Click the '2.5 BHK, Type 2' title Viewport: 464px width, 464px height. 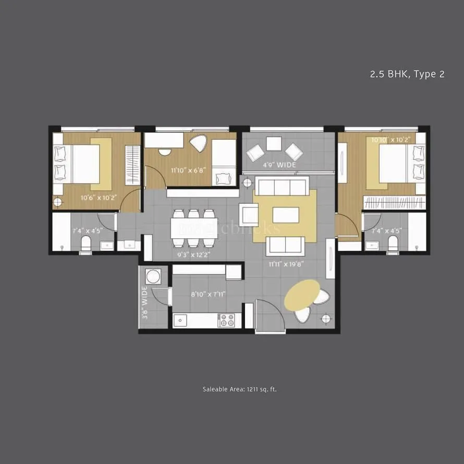(x=407, y=74)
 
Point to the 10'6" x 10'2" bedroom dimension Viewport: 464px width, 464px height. (x=99, y=198)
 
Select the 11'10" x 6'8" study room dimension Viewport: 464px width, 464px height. (x=189, y=169)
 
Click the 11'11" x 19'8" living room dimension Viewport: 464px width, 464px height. (x=286, y=264)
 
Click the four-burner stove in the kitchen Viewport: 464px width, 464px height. (x=226, y=320)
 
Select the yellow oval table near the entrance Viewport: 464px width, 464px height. (x=302, y=294)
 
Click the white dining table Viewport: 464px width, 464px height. (x=194, y=228)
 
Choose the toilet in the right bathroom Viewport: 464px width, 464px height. (x=393, y=243)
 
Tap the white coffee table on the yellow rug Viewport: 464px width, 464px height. (x=285, y=215)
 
